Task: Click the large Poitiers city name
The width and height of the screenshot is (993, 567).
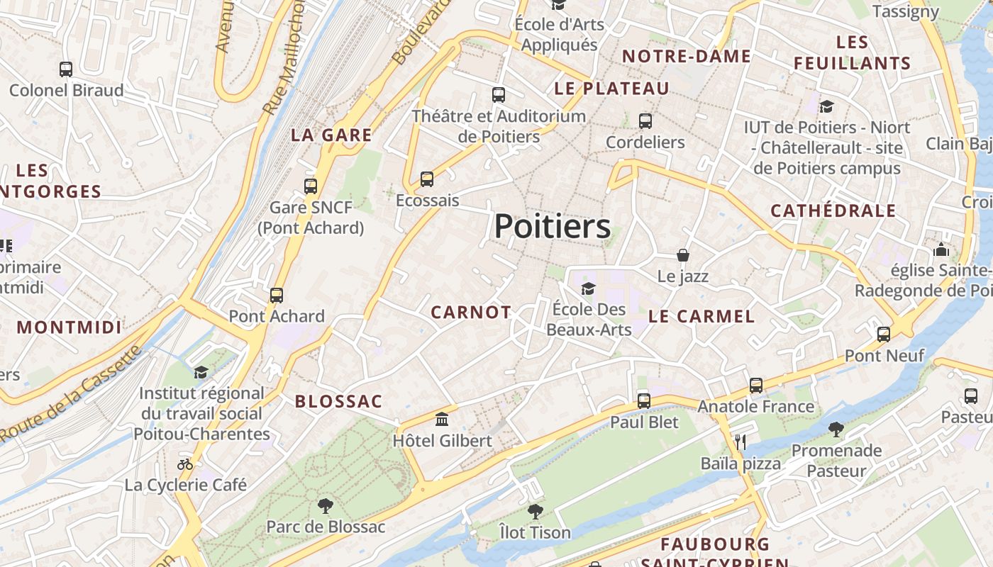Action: [x=552, y=227]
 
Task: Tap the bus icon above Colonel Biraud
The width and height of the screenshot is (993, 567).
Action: [x=66, y=69]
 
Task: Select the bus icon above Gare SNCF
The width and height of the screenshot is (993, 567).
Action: [x=311, y=186]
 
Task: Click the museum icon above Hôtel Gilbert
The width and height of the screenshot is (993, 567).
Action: [x=442, y=419]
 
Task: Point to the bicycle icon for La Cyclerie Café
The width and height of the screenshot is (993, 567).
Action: [x=185, y=464]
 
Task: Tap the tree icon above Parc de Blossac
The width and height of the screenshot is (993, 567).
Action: [x=326, y=505]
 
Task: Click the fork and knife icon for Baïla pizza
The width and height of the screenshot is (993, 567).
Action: [x=740, y=442]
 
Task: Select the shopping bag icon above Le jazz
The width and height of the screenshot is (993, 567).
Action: [x=682, y=254]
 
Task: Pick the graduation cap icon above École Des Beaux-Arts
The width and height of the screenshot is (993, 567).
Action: [x=588, y=288]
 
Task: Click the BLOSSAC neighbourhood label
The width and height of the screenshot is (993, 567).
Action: [x=338, y=402]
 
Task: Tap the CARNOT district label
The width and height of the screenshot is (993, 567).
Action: [x=471, y=313]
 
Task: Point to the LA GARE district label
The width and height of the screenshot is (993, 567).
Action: [x=331, y=135]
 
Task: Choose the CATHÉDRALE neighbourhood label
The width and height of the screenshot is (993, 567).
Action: [x=833, y=210]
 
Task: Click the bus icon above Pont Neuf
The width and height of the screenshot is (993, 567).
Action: [x=884, y=334]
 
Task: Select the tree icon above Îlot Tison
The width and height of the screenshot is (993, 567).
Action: [x=535, y=511]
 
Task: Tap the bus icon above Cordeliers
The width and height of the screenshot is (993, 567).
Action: [x=645, y=121]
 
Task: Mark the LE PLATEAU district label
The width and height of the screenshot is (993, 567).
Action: [x=611, y=89]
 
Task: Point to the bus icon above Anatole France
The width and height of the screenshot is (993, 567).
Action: [x=756, y=385]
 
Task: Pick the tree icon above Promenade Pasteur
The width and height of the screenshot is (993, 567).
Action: [x=836, y=429]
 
